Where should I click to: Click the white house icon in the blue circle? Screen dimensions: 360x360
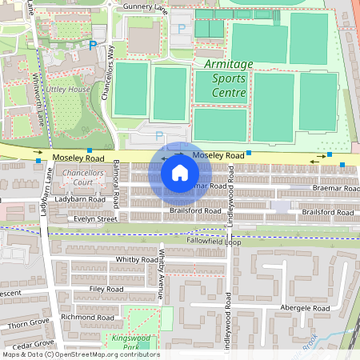(x=180, y=172)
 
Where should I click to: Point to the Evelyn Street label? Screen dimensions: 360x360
(x=95, y=218)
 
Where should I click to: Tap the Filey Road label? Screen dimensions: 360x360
(x=106, y=289)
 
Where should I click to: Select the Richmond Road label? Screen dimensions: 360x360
(x=90, y=317)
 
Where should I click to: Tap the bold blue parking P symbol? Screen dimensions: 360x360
(x=93, y=46)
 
